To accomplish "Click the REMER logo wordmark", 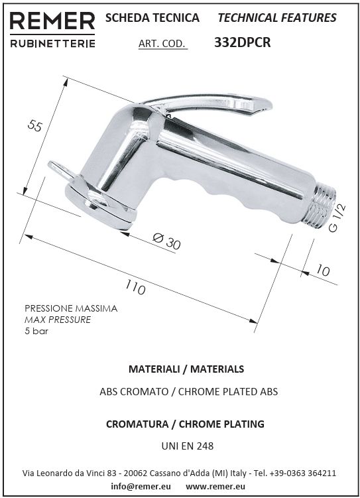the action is (x=52, y=22).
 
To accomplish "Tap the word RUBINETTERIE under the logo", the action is (x=52, y=44).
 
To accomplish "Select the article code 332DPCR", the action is (x=242, y=42).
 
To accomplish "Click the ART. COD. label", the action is (x=162, y=44).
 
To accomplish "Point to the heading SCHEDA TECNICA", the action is (x=152, y=18).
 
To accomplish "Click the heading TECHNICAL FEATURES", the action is (x=277, y=18).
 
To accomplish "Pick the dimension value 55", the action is (x=34, y=125).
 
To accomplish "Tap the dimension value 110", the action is (x=135, y=286).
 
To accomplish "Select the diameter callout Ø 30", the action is (x=166, y=241).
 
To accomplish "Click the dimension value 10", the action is (x=323, y=271).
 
